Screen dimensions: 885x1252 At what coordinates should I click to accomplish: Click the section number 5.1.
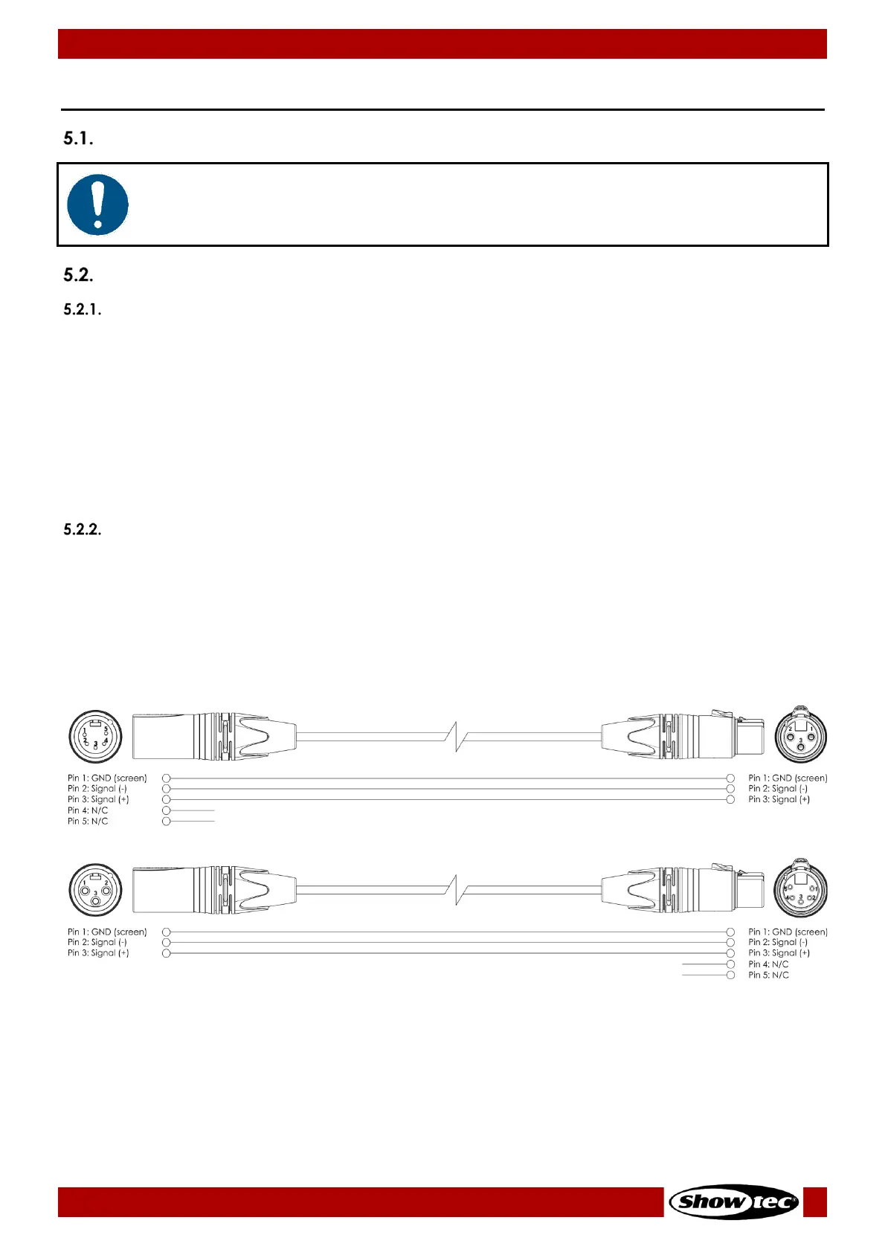point(78,138)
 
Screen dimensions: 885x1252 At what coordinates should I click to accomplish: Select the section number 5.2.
point(78,275)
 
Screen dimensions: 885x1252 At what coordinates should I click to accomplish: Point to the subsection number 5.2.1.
point(82,309)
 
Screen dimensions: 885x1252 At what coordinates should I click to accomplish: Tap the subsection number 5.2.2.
point(82,529)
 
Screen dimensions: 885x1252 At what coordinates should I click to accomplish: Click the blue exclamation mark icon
point(97,204)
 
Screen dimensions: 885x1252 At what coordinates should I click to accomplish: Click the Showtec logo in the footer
point(733,1201)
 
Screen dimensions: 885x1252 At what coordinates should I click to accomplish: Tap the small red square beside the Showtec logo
point(815,1201)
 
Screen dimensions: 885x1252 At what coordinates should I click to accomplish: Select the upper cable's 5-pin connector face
point(95,736)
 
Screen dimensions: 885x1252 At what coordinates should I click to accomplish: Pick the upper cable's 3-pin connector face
point(801,736)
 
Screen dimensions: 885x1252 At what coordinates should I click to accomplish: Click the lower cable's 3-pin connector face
point(95,890)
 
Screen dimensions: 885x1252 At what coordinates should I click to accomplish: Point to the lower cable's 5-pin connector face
point(801,890)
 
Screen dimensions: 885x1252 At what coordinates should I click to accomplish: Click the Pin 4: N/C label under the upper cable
point(88,810)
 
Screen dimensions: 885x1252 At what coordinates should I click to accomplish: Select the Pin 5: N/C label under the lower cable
point(768,975)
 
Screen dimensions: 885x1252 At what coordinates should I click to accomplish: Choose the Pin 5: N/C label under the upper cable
point(88,822)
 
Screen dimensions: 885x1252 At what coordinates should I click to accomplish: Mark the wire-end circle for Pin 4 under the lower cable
point(730,964)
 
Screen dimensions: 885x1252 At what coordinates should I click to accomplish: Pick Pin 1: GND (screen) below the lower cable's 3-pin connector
point(107,932)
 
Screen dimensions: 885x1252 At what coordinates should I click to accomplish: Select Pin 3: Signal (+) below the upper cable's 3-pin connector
point(779,799)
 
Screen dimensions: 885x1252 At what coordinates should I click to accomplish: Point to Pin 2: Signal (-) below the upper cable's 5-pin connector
point(97,789)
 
